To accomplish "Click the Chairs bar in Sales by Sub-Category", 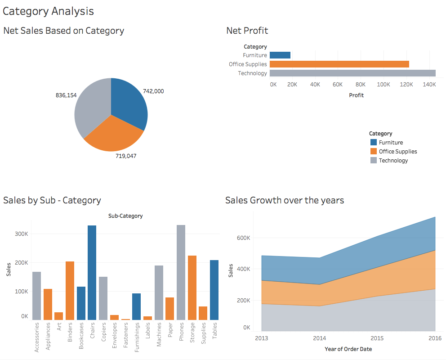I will [x=92, y=272].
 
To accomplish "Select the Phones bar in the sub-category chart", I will [x=181, y=272].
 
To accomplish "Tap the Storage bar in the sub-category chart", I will [x=192, y=288].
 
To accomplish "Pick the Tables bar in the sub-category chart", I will [x=214, y=290].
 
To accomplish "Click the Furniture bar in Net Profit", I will [x=280, y=55].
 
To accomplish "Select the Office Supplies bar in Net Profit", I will [x=339, y=64].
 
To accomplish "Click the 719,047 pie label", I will [x=126, y=156].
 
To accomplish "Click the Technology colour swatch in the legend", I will [x=373, y=161].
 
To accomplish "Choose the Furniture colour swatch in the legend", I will [x=373, y=143].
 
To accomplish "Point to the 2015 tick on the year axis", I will [x=378, y=338].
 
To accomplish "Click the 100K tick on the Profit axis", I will [x=383, y=85].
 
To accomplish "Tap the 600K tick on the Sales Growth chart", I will [x=243, y=238].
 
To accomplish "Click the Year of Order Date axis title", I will [x=348, y=349].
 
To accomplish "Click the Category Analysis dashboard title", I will [x=49, y=11].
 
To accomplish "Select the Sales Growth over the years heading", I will [x=285, y=200].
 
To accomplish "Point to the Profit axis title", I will [x=356, y=95].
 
